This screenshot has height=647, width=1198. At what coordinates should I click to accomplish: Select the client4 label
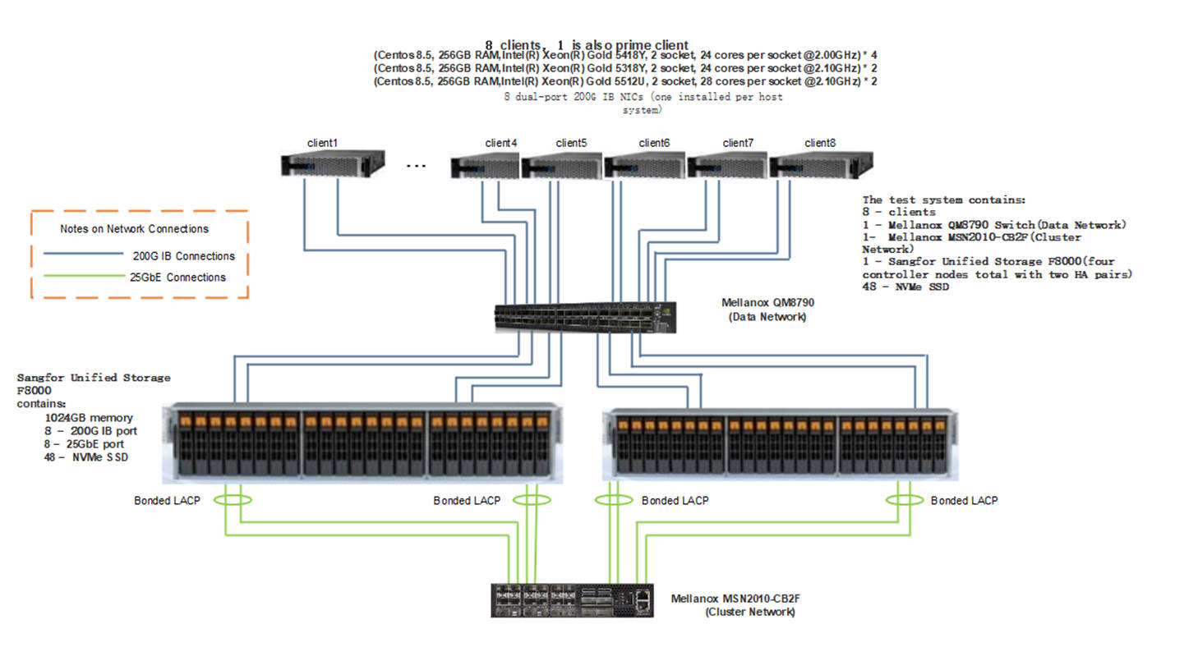click(501, 143)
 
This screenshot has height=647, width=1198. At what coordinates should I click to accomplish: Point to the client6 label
click(654, 143)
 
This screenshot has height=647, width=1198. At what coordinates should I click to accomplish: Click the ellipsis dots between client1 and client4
click(417, 166)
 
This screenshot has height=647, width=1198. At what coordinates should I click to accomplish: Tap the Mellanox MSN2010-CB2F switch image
click(572, 600)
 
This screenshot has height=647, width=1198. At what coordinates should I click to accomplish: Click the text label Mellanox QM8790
click(767, 303)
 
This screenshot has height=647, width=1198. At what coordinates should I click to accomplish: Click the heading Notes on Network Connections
click(134, 229)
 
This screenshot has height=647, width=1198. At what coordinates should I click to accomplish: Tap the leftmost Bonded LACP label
click(167, 500)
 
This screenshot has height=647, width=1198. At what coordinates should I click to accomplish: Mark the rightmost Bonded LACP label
click(964, 500)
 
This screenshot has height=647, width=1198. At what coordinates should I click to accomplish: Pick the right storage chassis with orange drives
click(779, 443)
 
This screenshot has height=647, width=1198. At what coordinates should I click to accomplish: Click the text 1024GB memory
click(89, 417)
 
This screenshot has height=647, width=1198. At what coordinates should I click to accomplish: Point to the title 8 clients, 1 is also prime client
click(586, 45)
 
